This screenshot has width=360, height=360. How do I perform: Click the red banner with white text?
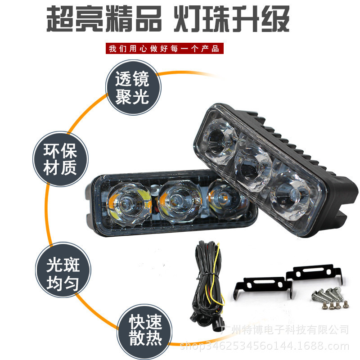point(163,49)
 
